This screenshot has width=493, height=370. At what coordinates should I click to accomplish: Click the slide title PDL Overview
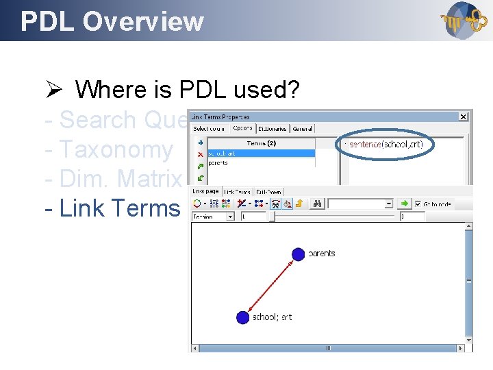pyautogui.click(x=112, y=21)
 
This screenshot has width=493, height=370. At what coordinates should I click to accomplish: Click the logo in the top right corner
pyautogui.click(x=464, y=21)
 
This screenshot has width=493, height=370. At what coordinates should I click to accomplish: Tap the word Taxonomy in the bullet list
pyautogui.click(x=116, y=149)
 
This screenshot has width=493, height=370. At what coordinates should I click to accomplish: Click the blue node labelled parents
pyautogui.click(x=298, y=254)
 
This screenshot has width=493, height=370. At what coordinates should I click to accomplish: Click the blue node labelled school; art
pyautogui.click(x=242, y=317)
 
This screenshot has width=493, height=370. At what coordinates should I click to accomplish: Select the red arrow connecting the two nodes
pyautogui.click(x=270, y=286)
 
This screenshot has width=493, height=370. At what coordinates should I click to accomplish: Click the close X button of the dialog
pyautogui.click(x=463, y=117)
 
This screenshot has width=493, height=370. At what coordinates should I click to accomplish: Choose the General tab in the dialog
pyautogui.click(x=302, y=129)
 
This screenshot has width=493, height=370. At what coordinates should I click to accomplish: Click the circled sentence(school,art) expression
pyautogui.click(x=386, y=144)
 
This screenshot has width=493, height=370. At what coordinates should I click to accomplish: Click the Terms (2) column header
pyautogui.click(x=261, y=143)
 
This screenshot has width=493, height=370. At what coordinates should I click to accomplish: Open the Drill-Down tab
pyautogui.click(x=268, y=192)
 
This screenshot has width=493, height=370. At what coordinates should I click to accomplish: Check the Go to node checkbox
pyautogui.click(x=418, y=203)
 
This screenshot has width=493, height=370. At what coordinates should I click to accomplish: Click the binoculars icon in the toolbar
pyautogui.click(x=318, y=203)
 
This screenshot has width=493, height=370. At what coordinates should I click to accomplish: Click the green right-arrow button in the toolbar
pyautogui.click(x=405, y=203)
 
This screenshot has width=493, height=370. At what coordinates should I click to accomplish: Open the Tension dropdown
pyautogui.click(x=229, y=217)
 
